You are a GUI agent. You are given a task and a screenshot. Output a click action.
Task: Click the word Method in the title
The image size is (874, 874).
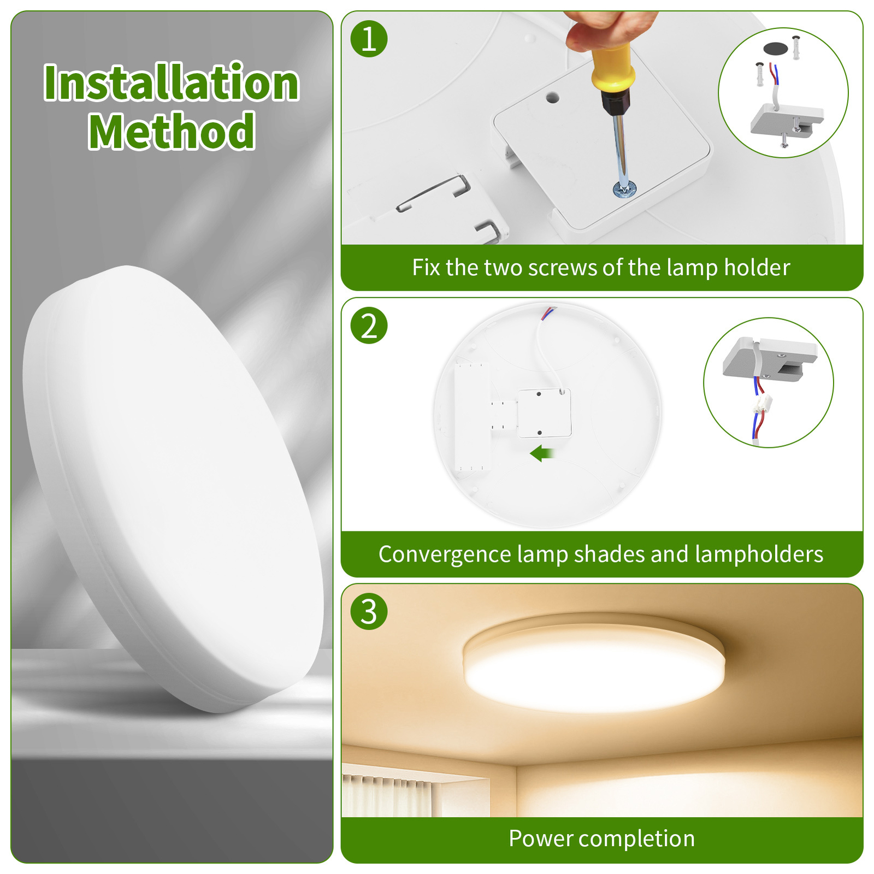pyautogui.click(x=172, y=131)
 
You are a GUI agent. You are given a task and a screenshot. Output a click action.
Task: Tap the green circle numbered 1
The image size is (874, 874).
pyautogui.click(x=369, y=39)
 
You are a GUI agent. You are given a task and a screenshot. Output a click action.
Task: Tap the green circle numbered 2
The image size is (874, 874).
pyautogui.click(x=369, y=326)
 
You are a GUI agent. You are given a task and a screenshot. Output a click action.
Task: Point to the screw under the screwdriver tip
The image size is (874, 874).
pyautogui.click(x=624, y=189)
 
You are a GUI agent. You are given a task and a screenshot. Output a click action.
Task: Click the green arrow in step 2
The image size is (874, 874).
pyautogui.click(x=542, y=453)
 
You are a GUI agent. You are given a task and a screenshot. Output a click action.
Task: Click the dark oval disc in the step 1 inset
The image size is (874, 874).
pyautogui.click(x=776, y=48)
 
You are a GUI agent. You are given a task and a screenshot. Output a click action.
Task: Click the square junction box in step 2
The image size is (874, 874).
pyautogui.click(x=544, y=413)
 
